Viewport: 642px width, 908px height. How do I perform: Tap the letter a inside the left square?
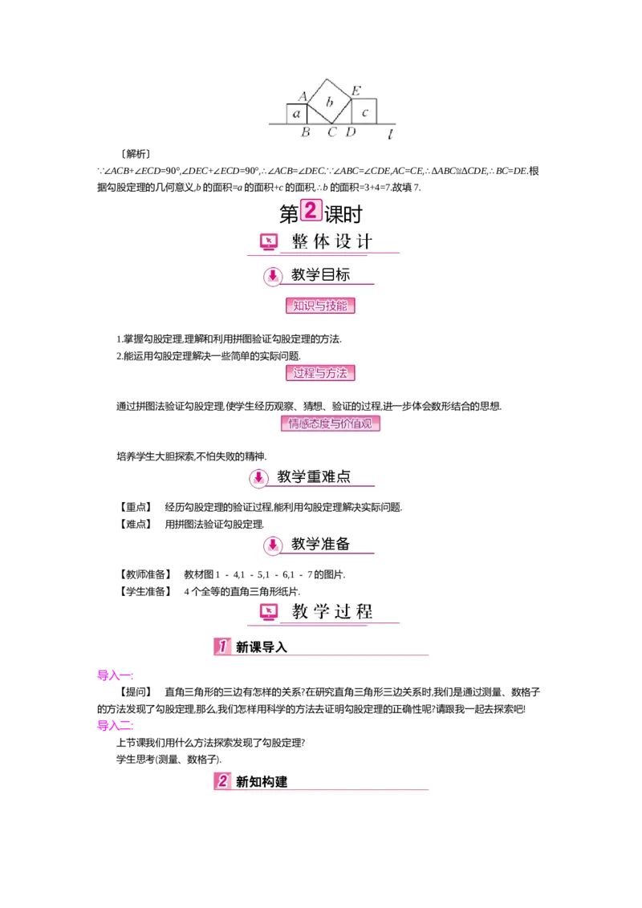click(297, 115)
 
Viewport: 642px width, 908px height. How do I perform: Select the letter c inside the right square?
click(364, 113)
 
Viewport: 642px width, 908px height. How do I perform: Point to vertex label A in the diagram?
click(303, 96)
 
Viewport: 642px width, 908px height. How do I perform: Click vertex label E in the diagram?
click(356, 90)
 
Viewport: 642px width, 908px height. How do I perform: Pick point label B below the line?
click(305, 132)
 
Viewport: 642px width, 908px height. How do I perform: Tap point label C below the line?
click(331, 132)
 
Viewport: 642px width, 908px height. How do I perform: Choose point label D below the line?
click(351, 132)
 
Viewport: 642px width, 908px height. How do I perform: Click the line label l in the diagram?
click(390, 135)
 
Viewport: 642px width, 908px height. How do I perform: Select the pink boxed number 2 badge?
click(311, 209)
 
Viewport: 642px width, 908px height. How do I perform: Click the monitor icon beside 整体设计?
click(269, 241)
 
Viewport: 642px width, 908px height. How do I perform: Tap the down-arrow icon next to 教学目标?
click(273, 276)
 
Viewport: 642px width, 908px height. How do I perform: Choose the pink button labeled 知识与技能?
click(320, 306)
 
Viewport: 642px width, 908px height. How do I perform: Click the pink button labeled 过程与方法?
click(320, 373)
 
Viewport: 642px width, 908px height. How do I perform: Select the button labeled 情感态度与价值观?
click(330, 424)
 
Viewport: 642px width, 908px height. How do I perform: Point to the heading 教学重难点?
click(314, 476)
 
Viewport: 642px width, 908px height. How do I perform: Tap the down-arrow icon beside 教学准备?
click(273, 545)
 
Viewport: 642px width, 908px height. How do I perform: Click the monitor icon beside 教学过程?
click(269, 612)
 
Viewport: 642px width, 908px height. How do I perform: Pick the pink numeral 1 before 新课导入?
click(222, 646)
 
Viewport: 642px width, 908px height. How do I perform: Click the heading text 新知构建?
click(261, 781)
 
